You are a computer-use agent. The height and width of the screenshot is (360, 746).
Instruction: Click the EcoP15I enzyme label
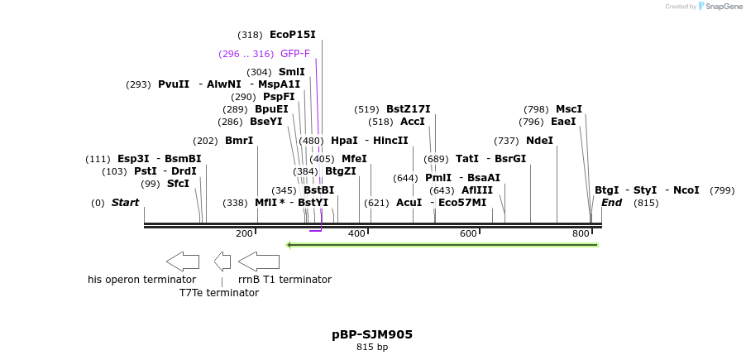point(292,35)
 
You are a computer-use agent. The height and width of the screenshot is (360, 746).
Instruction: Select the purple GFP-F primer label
point(295,54)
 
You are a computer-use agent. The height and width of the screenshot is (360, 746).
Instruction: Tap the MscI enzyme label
point(569,109)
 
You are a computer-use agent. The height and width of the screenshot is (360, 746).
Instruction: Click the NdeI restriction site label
point(539,141)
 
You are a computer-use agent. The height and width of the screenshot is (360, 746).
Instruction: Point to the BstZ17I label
point(409,109)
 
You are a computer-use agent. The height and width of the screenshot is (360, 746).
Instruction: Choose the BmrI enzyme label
point(239,141)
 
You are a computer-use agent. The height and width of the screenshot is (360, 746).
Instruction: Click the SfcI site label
point(178,184)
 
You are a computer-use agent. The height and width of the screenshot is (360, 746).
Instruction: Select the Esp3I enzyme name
point(133,159)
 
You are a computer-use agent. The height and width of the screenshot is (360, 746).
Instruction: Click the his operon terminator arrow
point(183,262)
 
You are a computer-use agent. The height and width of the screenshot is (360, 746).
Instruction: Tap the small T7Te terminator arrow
point(222,262)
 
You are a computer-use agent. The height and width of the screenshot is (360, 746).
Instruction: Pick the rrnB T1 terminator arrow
point(259,262)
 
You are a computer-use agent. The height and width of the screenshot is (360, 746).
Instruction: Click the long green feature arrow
point(442,245)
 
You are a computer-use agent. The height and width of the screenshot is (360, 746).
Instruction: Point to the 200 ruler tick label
point(244,233)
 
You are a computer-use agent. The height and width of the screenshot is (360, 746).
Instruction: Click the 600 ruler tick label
point(469,233)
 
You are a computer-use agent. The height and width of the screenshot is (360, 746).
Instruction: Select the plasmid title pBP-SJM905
point(372,334)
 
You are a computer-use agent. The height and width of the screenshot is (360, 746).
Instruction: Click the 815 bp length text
point(372,348)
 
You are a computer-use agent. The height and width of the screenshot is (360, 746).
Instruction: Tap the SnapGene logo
point(720,7)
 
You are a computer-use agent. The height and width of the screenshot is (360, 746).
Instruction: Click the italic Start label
point(125,203)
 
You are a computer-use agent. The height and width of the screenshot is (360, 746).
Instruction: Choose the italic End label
point(612,203)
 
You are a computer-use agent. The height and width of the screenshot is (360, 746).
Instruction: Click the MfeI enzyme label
point(354,159)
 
